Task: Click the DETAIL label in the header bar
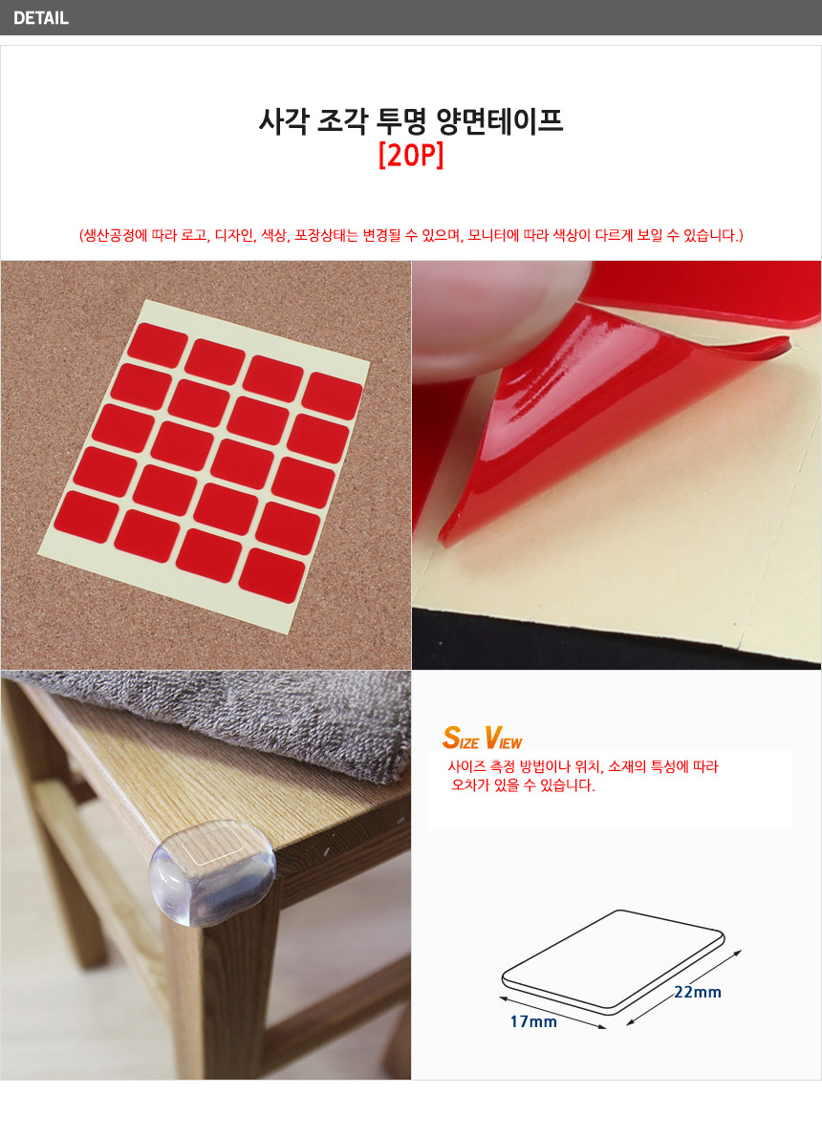(41, 18)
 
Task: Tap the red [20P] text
(411, 155)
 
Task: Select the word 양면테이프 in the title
(499, 121)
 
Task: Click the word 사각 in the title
(284, 121)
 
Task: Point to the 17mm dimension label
(533, 1021)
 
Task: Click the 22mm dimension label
(697, 992)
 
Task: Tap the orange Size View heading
(483, 738)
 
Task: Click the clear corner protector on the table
(212, 872)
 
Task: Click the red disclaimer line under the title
(411, 235)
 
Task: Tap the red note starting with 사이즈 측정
(583, 766)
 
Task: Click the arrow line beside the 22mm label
(684, 987)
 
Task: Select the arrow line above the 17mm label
(552, 1012)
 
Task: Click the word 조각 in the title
(342, 121)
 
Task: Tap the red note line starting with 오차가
(523, 785)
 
